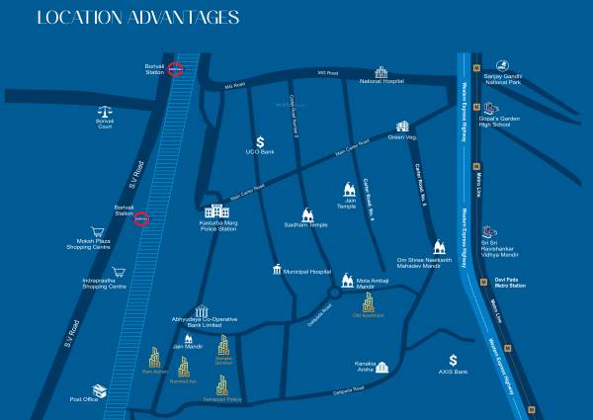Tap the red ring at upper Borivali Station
176,69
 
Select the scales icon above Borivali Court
105,113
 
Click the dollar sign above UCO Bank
260,142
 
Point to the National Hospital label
383,81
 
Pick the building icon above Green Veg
403,126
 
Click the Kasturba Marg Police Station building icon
214,211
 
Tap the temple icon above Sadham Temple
307,213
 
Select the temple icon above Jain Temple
348,189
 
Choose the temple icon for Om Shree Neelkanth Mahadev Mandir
436,246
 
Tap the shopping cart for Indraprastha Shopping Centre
120,272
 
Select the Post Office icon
99,390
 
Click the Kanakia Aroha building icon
382,367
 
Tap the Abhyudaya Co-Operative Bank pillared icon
202,311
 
